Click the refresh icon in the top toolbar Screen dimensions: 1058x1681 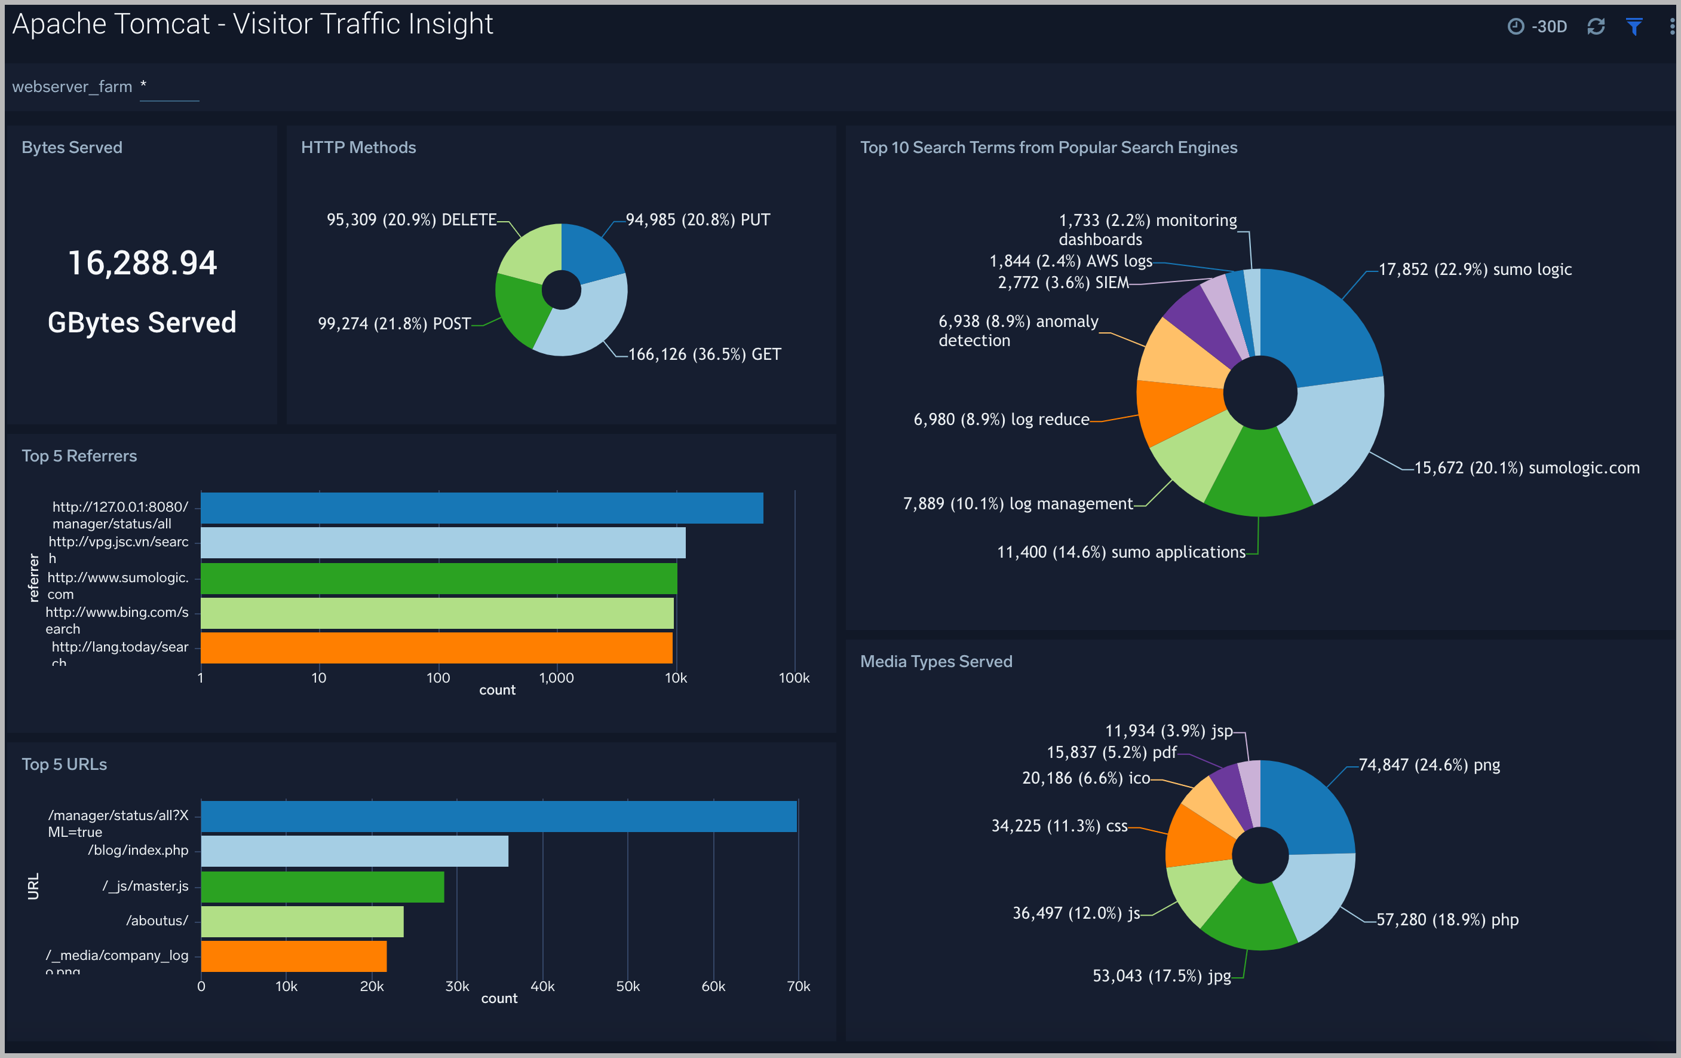tap(1596, 26)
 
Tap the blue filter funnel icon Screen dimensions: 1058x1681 tap(1634, 26)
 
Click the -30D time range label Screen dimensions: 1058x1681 tap(1548, 26)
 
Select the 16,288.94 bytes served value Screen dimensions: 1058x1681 tap(142, 263)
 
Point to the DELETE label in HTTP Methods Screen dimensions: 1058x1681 tap(468, 220)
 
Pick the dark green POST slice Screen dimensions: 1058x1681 tap(520, 307)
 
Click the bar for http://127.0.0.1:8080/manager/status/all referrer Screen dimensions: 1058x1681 tap(481, 507)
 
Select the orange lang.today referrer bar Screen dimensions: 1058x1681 tap(436, 647)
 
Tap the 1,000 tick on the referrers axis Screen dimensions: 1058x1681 tap(556, 677)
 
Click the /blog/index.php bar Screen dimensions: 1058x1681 tap(355, 851)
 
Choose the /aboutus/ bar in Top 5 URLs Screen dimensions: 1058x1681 tap(302, 921)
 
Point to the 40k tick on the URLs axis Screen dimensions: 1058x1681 tap(542, 986)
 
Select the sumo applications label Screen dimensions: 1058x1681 tap(1121, 552)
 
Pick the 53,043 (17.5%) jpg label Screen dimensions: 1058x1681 tap(1162, 976)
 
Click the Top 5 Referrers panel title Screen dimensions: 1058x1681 tap(79, 456)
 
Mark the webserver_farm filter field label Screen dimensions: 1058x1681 tap(72, 87)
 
